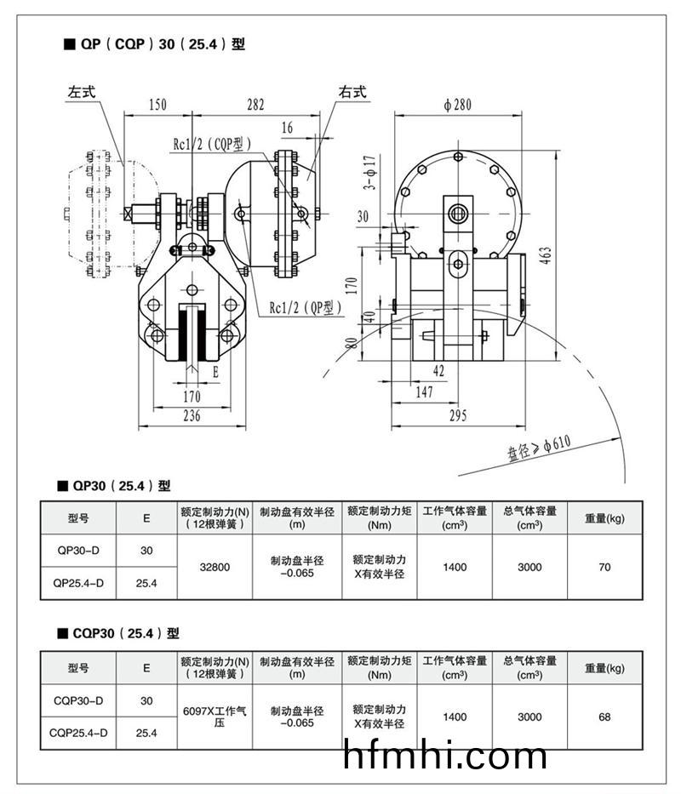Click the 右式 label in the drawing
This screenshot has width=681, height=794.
(352, 92)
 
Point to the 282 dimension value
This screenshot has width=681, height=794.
(255, 106)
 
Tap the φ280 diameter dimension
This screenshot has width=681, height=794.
(457, 106)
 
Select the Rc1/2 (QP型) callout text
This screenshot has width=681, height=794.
(306, 307)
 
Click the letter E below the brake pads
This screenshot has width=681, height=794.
(215, 372)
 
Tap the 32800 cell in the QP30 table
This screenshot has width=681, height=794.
(215, 567)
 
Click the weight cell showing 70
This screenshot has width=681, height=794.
(604, 567)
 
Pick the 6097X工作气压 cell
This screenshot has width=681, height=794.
(215, 717)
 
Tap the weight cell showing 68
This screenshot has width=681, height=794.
(604, 717)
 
